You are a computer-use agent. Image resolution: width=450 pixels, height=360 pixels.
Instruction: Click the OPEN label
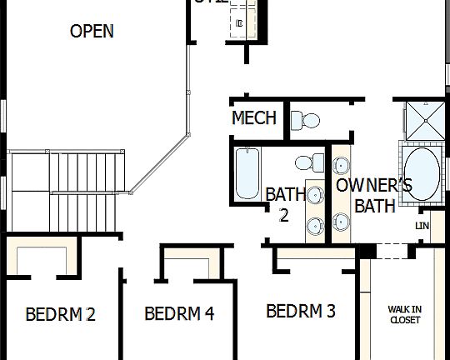coord(92,32)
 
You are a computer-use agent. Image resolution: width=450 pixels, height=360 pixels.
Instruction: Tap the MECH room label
coord(253,118)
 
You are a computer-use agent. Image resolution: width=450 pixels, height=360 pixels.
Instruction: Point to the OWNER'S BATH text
coord(374,195)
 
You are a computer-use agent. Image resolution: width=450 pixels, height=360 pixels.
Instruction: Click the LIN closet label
coord(422,226)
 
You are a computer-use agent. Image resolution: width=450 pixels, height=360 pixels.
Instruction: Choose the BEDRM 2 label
coord(60,315)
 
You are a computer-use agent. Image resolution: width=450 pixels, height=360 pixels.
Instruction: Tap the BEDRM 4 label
coord(179,314)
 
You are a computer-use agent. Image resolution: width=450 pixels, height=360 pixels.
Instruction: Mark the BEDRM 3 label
coord(301,312)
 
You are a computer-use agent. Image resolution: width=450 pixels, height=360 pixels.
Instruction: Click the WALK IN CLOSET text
coord(404,314)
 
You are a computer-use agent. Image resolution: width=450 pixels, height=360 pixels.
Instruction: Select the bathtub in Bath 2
coord(247,172)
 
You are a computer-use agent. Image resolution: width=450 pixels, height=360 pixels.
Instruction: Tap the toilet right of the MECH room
coord(307,119)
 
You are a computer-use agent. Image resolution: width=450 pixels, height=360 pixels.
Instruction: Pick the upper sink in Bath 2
coord(316,195)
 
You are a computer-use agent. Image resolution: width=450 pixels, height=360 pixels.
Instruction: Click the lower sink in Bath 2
coord(316,224)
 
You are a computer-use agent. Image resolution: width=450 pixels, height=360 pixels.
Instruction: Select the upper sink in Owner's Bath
coord(341,161)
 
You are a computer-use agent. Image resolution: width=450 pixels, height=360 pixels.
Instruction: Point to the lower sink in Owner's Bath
coord(341,221)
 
